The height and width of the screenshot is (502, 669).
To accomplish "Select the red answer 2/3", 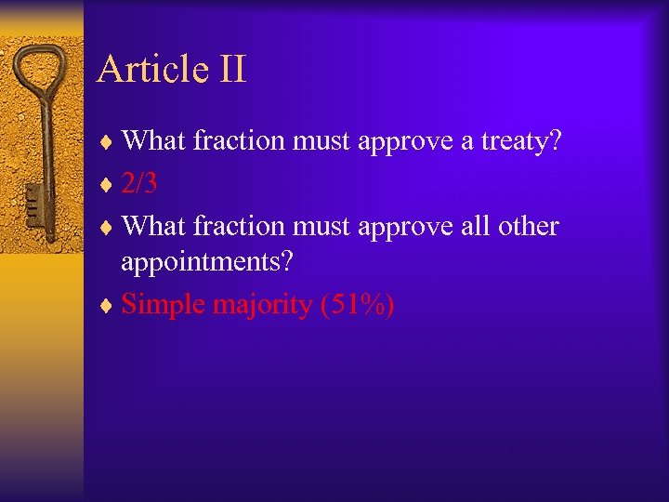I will point(139,183).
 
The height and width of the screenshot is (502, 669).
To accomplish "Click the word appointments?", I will point(207,263).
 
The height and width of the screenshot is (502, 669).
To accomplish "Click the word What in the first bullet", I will point(154,141).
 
